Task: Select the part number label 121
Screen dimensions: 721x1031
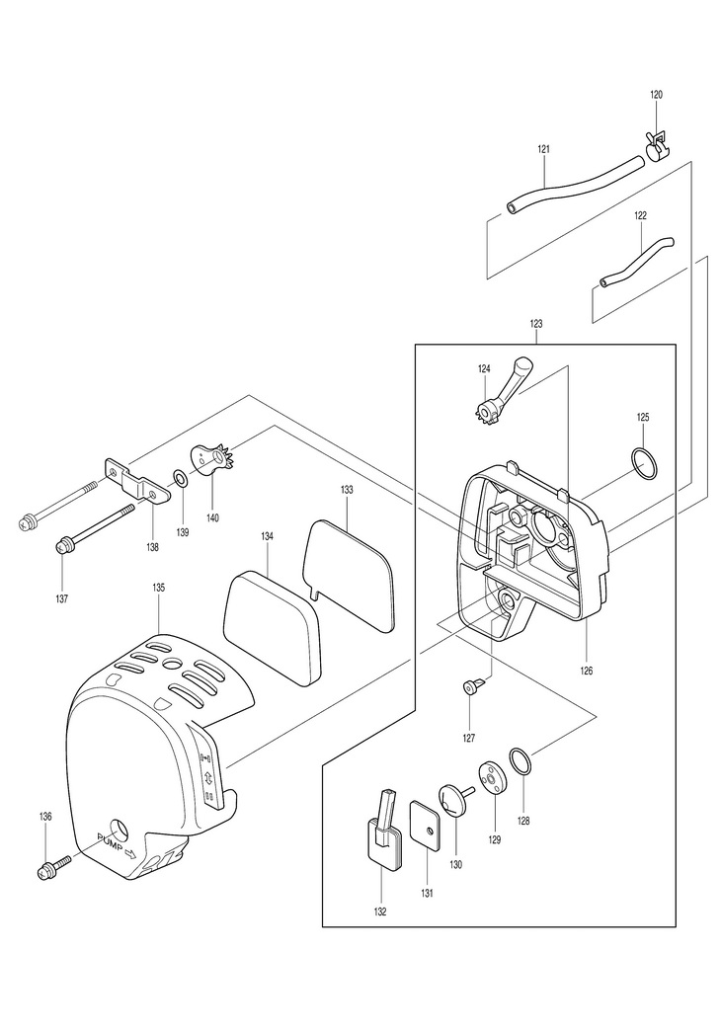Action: coord(543,149)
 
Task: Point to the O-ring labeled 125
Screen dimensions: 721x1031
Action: coord(643,463)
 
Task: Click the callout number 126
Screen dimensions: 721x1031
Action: coord(586,671)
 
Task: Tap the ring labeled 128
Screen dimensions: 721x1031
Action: coord(521,762)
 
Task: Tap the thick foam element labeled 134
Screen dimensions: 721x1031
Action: coord(273,628)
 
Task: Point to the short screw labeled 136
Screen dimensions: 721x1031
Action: coord(55,866)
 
